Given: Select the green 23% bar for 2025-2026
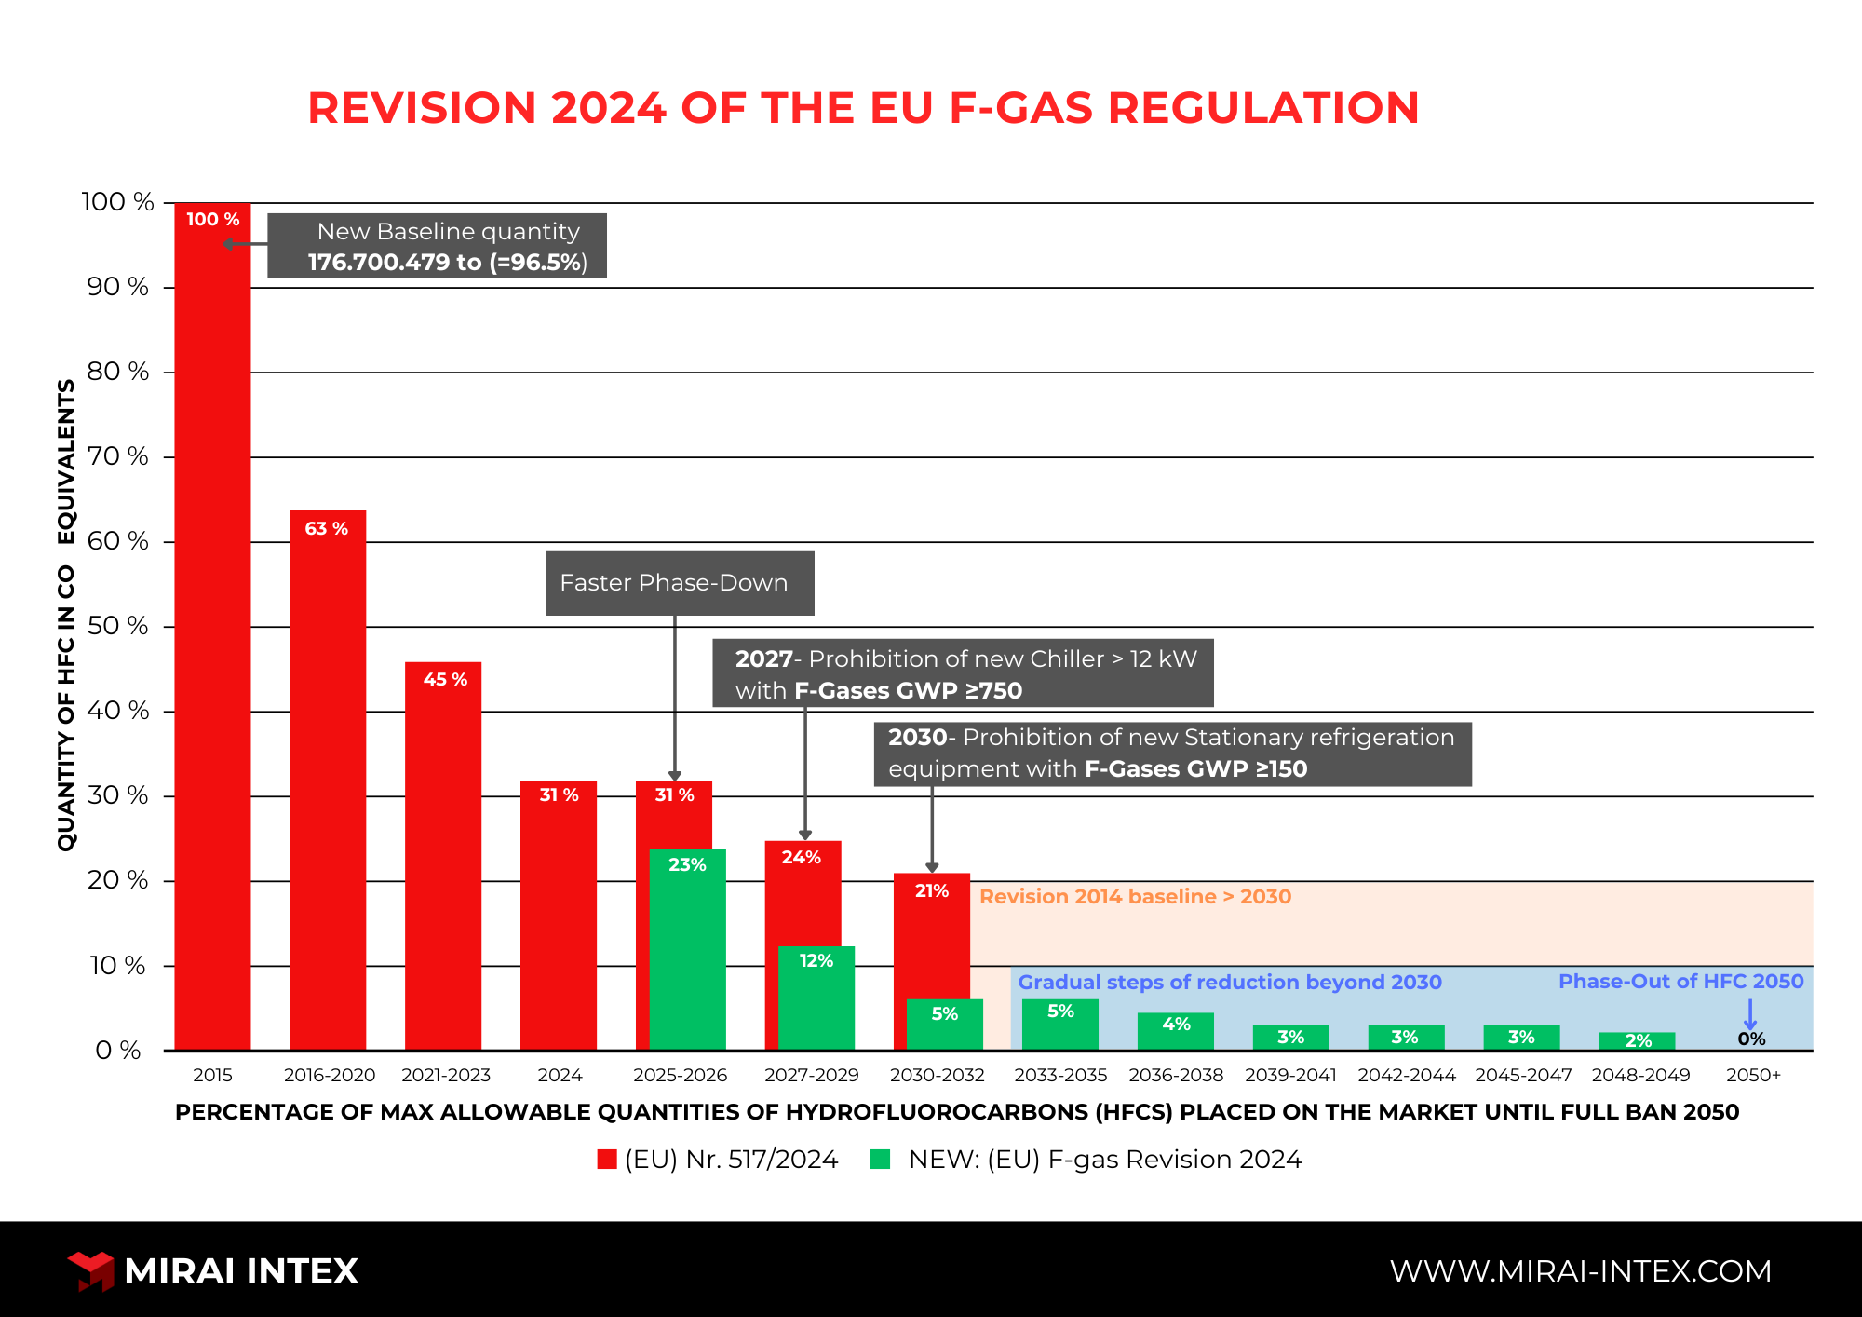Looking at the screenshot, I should point(687,959).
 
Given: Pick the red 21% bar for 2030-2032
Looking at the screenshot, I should point(931,941).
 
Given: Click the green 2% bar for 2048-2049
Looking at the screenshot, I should point(1637,1041).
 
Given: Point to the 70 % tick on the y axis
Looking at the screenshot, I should point(118,456).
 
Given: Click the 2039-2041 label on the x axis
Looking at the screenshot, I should point(1290,1075).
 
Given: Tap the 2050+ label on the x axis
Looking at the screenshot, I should point(1753,1075).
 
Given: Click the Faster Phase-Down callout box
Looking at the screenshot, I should point(680,583).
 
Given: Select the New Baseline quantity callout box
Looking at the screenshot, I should point(438,246).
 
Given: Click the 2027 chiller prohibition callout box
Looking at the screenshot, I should point(963,673).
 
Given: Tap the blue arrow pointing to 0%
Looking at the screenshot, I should point(1750,1013).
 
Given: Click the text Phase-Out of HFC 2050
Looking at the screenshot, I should point(1680,981).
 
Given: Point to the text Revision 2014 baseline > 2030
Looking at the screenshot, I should point(1135,896).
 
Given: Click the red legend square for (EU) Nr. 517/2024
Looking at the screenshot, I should point(607,1159).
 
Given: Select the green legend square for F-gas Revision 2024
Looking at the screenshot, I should point(880,1159).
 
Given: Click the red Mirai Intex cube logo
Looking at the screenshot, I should point(91,1270).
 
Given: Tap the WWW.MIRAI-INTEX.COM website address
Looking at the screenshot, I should point(1580,1270).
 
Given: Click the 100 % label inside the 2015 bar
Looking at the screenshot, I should point(212,219).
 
